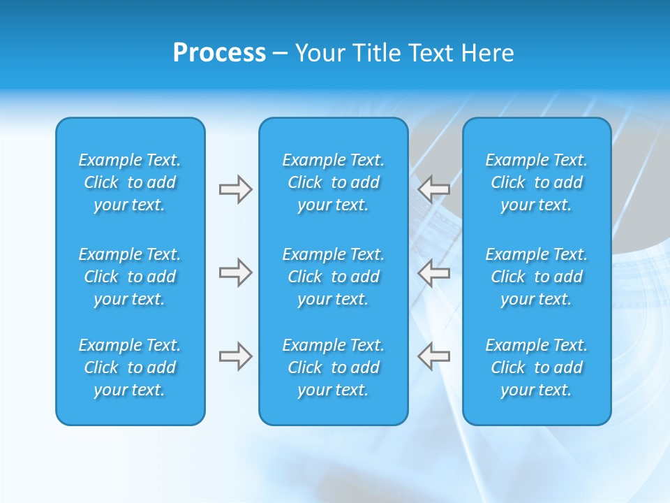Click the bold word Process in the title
pyautogui.click(x=219, y=53)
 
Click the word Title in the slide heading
pyautogui.click(x=376, y=53)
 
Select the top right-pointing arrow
pyautogui.click(x=235, y=189)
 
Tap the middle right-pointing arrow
pyautogui.click(x=235, y=272)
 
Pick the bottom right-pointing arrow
pyautogui.click(x=235, y=356)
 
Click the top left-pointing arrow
pyautogui.click(x=433, y=188)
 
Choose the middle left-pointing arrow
pyautogui.click(x=433, y=272)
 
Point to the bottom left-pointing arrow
pyautogui.click(x=433, y=356)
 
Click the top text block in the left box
pyautogui.click(x=130, y=182)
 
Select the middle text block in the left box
pyautogui.click(x=130, y=277)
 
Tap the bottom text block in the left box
pyautogui.click(x=130, y=367)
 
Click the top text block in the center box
pyautogui.click(x=333, y=182)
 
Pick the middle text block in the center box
pyautogui.click(x=333, y=277)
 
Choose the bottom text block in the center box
pyautogui.click(x=333, y=367)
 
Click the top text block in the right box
pyautogui.click(x=536, y=182)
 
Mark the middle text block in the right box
pyautogui.click(x=536, y=277)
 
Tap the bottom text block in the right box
pyautogui.click(x=536, y=367)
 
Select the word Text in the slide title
pyautogui.click(x=432, y=53)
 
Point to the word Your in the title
pyautogui.click(x=320, y=53)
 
